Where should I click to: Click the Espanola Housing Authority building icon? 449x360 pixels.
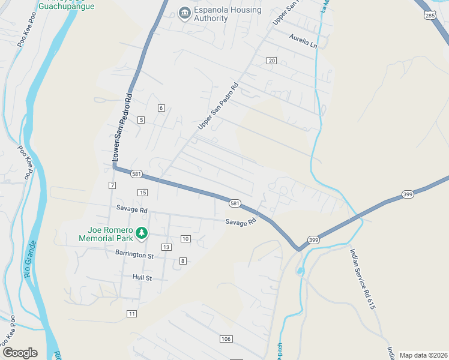point(185,13)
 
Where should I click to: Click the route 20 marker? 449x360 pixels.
point(271,61)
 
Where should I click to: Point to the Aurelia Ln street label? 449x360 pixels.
point(303,41)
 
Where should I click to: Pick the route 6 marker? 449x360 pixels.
point(161,108)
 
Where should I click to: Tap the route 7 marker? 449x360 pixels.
point(112,184)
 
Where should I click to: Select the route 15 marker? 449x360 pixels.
point(142,192)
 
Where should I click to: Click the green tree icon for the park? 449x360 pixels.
point(142,232)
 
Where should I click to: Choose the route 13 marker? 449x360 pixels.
point(166,247)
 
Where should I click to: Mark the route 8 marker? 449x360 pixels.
point(182,260)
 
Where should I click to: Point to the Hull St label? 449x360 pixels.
point(143,278)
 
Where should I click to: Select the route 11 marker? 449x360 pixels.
point(132,314)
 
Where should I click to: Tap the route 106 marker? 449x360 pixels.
point(226,339)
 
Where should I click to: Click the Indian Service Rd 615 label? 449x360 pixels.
point(363,279)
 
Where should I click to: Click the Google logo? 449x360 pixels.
point(20,352)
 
